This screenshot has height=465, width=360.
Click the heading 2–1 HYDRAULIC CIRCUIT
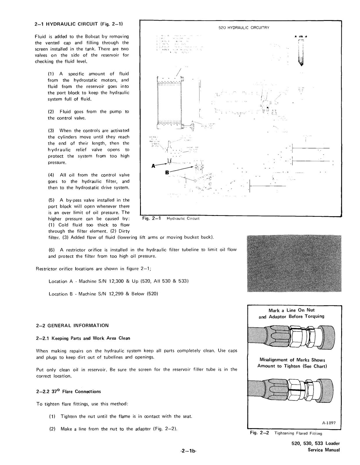click(x=78, y=24)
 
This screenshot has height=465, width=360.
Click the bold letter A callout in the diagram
click(x=154, y=166)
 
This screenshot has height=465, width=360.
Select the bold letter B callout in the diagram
click(x=167, y=172)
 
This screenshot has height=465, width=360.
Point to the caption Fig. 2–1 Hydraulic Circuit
click(x=171, y=218)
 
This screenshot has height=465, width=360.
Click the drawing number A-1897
click(x=329, y=423)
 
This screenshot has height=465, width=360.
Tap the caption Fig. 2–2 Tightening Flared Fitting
click(x=286, y=433)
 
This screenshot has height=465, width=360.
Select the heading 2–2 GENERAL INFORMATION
click(x=72, y=325)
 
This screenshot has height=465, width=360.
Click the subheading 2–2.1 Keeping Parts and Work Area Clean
click(x=83, y=338)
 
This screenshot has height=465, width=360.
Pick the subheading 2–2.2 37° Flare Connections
click(x=68, y=391)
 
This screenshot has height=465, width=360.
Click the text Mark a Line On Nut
click(x=291, y=310)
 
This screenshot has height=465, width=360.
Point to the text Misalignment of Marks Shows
click(x=292, y=360)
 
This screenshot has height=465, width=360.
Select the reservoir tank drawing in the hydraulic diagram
click(x=170, y=103)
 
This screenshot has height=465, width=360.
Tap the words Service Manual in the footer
click(x=324, y=450)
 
